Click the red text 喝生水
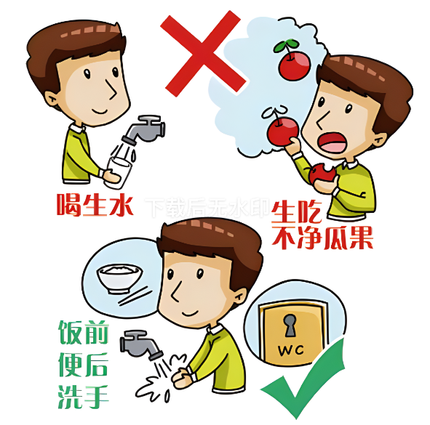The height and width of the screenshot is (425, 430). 95,205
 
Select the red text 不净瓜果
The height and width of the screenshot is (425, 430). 322,238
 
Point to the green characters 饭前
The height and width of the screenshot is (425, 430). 84,332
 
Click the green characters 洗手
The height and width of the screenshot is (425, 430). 84,397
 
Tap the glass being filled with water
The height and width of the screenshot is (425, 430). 118,173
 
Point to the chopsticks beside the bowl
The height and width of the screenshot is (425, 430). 135,296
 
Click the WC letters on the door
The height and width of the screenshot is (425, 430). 291,350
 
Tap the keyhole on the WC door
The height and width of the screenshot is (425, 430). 290,325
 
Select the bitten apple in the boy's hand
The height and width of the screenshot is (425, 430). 322,173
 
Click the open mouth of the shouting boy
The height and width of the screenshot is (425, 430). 333,143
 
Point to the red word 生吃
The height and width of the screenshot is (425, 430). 296,212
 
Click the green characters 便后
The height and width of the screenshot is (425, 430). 84,365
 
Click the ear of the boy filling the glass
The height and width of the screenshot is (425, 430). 52,99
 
